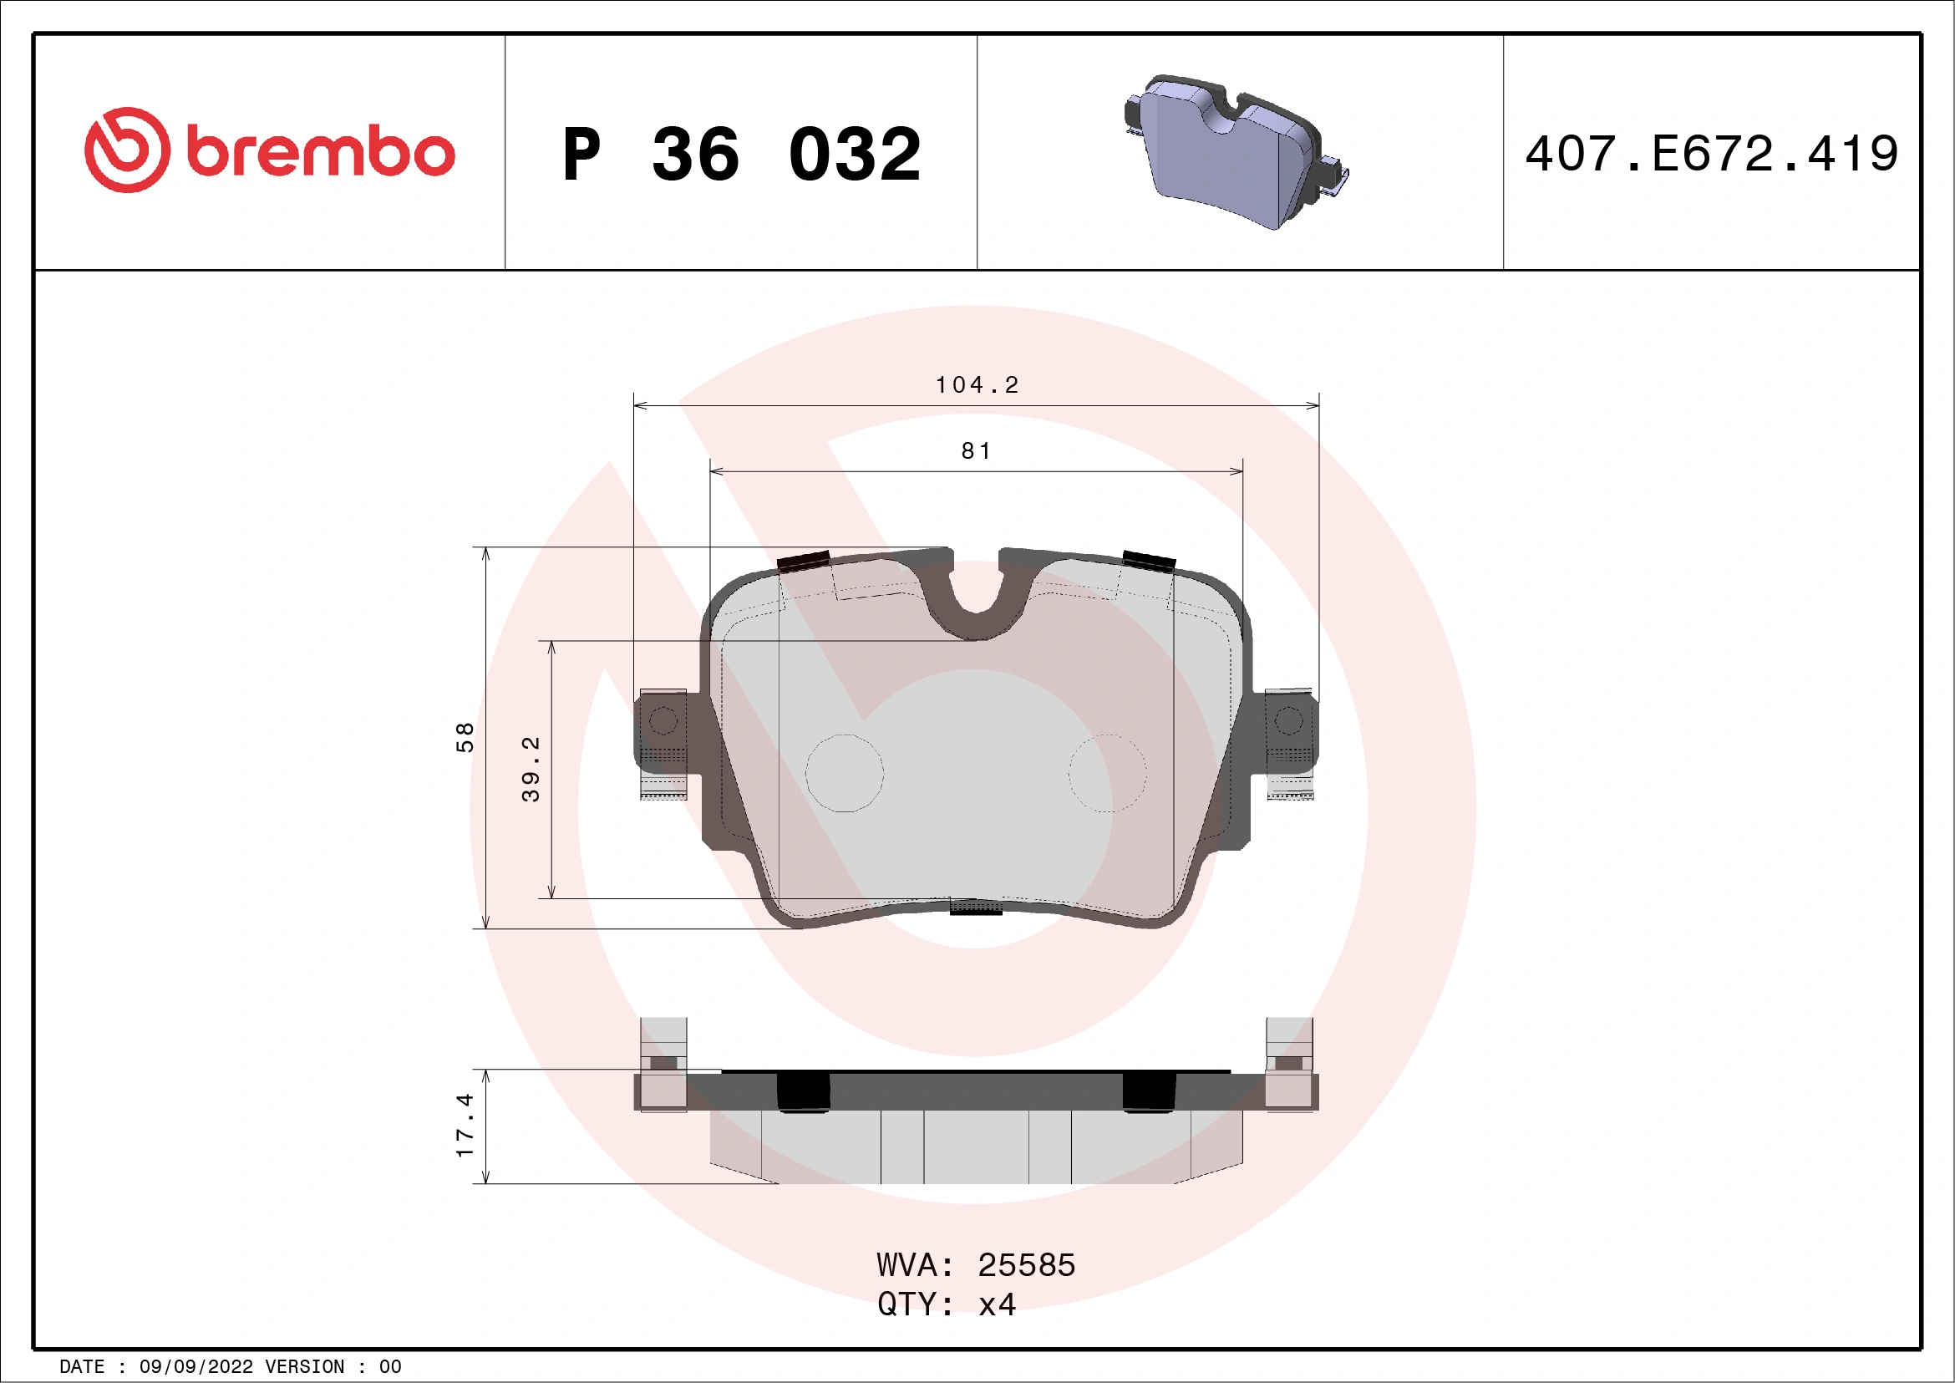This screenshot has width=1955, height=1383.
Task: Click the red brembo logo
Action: (x=269, y=150)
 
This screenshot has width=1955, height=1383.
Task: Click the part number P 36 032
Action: (x=741, y=155)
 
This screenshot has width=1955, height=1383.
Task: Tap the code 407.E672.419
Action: (x=1712, y=154)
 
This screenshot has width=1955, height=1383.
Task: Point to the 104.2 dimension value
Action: (x=977, y=386)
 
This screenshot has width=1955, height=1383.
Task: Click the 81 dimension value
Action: (x=977, y=451)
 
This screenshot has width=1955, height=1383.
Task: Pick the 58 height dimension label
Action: (x=465, y=738)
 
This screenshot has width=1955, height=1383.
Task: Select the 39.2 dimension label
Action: (x=531, y=769)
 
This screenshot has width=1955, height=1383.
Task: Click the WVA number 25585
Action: (x=1026, y=1265)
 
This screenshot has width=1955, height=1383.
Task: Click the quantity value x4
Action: (x=997, y=1304)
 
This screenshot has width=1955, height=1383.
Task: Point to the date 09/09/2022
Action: (x=195, y=1367)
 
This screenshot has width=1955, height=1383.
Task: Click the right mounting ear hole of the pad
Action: (x=1288, y=721)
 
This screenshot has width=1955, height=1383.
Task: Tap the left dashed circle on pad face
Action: (x=845, y=773)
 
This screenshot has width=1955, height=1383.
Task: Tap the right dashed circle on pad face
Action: (x=1107, y=773)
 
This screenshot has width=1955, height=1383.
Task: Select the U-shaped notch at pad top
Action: (x=976, y=587)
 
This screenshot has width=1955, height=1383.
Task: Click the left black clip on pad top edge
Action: (x=803, y=562)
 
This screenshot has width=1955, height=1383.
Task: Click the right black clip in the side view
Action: (x=1149, y=1091)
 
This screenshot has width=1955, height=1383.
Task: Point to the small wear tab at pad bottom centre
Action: (x=976, y=907)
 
